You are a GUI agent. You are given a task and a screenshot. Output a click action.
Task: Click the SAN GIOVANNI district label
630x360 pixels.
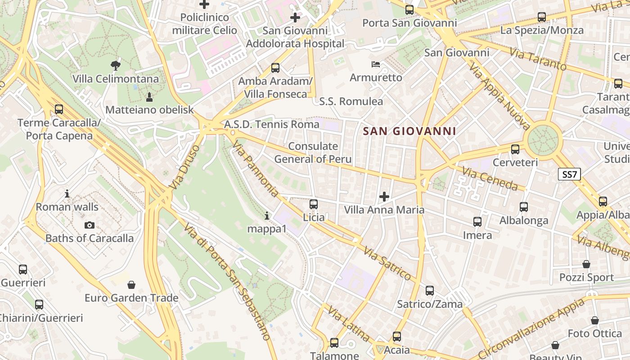409,131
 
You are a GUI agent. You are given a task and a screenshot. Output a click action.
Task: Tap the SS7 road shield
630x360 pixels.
569,174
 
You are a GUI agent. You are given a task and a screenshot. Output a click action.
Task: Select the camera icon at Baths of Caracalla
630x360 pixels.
90,225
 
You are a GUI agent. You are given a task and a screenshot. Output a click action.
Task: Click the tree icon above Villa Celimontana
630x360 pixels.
116,66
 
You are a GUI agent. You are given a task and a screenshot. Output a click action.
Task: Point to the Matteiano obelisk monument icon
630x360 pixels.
149,97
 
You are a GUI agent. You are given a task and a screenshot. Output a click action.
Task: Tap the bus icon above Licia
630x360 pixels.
314,204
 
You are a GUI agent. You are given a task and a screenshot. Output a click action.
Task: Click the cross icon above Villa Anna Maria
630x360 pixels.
384,197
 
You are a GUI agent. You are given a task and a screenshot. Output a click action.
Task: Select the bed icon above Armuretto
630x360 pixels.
376,64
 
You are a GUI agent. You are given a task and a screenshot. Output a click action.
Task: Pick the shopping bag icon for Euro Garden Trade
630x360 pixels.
131,285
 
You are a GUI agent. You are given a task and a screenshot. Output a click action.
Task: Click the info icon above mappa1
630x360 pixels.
267,216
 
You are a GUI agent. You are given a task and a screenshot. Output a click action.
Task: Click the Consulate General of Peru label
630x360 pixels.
313,153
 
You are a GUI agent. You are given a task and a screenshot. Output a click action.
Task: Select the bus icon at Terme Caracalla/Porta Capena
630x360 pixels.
59,109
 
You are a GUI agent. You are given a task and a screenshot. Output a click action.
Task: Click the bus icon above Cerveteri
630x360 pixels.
515,149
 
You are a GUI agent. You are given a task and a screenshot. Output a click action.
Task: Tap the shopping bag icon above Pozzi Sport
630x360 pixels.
586,264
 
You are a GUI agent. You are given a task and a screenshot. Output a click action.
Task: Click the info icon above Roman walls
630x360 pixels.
67,194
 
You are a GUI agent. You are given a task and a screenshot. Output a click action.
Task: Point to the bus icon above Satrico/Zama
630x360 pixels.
430,291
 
